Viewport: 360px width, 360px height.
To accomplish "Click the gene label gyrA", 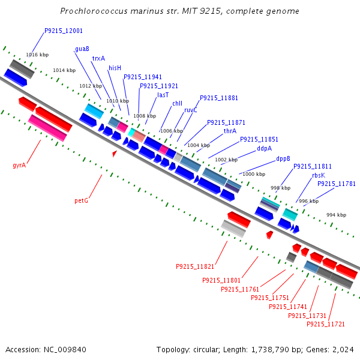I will click(x=19, y=164).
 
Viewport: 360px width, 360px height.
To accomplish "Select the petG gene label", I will click(x=81, y=200).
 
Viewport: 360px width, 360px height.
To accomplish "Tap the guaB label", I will click(x=82, y=49).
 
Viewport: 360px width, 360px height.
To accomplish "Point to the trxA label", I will click(x=98, y=58).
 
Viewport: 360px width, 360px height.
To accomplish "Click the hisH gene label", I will click(x=115, y=68).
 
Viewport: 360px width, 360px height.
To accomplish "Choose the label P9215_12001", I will click(x=64, y=31).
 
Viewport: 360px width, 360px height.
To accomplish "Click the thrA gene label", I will click(x=230, y=131).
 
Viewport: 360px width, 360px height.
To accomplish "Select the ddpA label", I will click(x=265, y=148).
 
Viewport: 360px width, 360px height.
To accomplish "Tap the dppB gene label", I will click(x=283, y=159).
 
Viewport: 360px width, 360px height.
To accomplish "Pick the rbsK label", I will click(x=318, y=175).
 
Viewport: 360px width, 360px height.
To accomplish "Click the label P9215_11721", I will click(x=326, y=324).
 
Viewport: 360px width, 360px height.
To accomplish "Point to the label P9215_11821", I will click(x=195, y=266).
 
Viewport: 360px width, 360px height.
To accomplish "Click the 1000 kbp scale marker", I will click(x=254, y=174).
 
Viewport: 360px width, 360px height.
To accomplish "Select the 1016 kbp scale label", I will click(x=37, y=55).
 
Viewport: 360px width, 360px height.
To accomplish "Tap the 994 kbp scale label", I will click(x=336, y=215).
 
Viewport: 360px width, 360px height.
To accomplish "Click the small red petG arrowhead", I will click(x=115, y=154).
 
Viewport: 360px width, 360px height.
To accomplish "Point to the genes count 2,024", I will click(x=343, y=349).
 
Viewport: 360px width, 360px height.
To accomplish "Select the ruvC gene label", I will click(x=191, y=110).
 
